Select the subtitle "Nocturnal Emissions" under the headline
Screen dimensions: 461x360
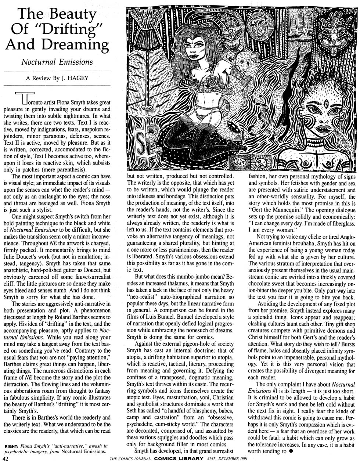point(57,62)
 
